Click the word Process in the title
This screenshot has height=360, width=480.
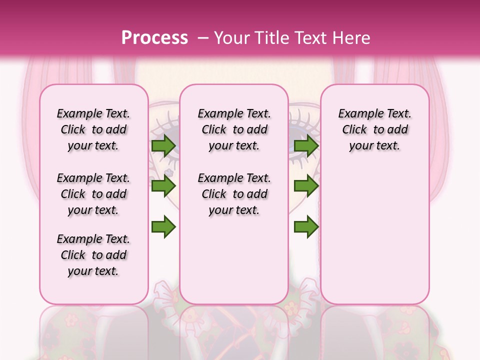(x=154, y=38)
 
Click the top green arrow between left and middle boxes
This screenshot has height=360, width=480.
(x=163, y=146)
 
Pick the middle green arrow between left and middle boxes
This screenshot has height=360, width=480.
(x=163, y=186)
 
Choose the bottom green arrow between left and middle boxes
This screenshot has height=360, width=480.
(x=163, y=227)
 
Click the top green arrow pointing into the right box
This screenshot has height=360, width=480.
(x=306, y=146)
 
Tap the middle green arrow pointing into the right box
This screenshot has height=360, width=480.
(x=306, y=186)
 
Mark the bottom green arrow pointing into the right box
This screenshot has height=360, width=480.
(x=306, y=227)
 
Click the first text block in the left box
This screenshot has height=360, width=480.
(x=93, y=129)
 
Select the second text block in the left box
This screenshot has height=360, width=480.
(x=93, y=194)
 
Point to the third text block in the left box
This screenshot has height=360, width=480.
(x=93, y=255)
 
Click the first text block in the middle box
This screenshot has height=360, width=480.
(x=234, y=129)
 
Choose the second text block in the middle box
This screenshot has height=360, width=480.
(x=234, y=194)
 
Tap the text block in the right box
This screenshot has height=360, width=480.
(x=375, y=129)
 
